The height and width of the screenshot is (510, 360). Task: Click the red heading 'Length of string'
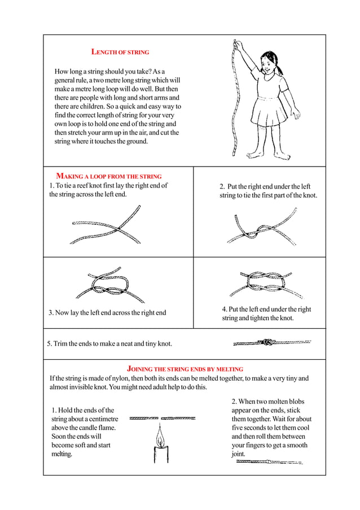[x=120, y=52]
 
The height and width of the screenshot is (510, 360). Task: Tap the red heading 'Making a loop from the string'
[x=108, y=176]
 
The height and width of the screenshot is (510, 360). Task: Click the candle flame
[x=160, y=436]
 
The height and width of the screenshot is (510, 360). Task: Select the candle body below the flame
[x=160, y=454]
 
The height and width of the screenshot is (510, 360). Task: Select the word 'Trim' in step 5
[x=62, y=343]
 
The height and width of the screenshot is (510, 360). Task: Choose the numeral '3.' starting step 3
[x=51, y=312]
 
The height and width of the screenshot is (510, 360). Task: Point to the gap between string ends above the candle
[x=159, y=419]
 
